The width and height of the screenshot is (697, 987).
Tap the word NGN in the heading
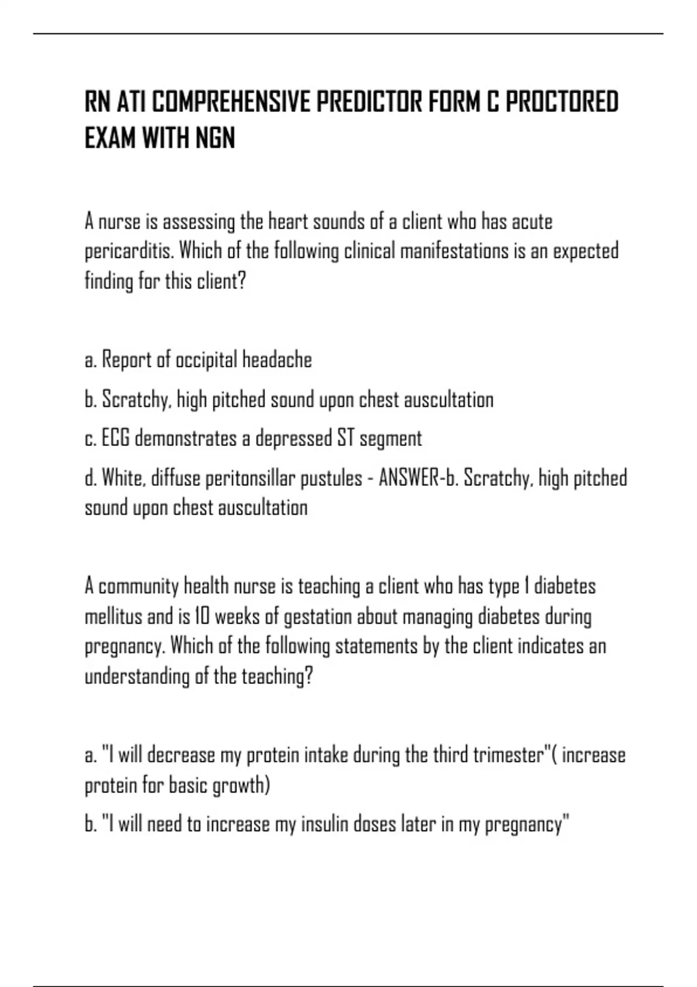point(215,139)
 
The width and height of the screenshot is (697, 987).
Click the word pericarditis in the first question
point(129,252)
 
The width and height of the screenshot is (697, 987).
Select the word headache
point(276,360)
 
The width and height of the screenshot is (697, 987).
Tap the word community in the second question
point(139,587)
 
